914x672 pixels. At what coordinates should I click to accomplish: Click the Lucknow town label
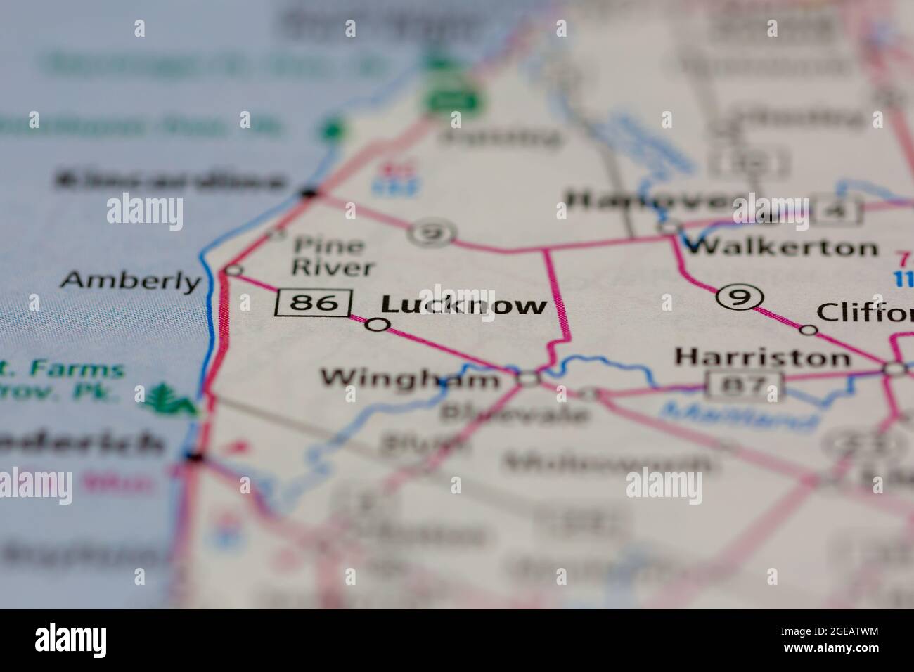(463, 305)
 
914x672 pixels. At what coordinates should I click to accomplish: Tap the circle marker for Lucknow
(378, 324)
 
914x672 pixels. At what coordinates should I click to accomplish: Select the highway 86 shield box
(313, 303)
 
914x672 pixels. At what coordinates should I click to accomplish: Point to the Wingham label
(409, 379)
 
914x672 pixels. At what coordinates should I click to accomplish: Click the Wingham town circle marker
(528, 379)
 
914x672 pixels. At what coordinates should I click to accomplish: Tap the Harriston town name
(762, 357)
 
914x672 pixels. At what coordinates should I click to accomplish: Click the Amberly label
(131, 281)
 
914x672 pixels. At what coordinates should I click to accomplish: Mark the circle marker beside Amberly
(234, 270)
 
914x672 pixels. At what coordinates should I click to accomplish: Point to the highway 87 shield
(745, 385)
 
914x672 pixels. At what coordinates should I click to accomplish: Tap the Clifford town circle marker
(809, 329)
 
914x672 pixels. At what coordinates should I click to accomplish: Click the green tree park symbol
(162, 399)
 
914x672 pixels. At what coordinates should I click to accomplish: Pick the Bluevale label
(514, 414)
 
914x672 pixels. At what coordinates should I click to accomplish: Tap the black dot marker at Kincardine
(308, 191)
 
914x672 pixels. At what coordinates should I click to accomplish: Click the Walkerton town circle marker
(670, 227)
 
